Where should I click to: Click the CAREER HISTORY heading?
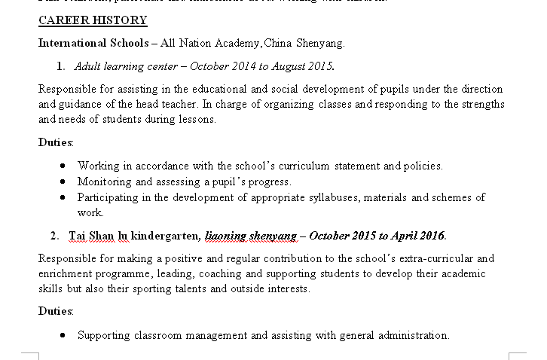[x=93, y=20]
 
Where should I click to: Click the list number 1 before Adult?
[x=60, y=66]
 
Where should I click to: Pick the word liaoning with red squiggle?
[x=225, y=236]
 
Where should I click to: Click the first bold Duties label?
[x=56, y=142]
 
